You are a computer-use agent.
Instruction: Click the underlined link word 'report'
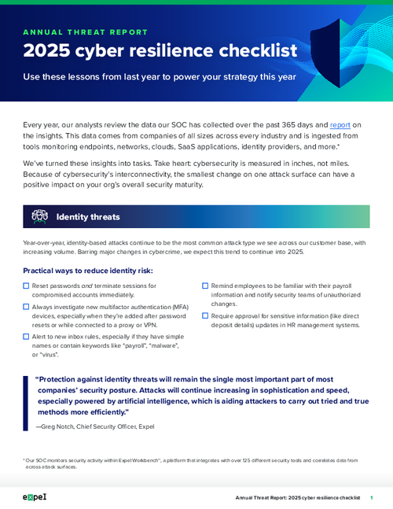click(x=340, y=124)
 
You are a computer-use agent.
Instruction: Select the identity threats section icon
click(x=39, y=216)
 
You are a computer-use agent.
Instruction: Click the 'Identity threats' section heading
click(x=88, y=216)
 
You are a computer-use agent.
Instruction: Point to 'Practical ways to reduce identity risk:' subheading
click(x=88, y=271)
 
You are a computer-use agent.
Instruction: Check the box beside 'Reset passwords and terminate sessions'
click(x=27, y=286)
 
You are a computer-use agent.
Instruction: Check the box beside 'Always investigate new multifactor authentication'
click(x=27, y=306)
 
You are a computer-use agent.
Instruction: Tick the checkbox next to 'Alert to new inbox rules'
click(x=27, y=336)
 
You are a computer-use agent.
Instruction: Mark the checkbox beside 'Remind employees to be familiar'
click(x=205, y=286)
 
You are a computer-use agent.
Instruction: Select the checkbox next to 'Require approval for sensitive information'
click(x=205, y=315)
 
